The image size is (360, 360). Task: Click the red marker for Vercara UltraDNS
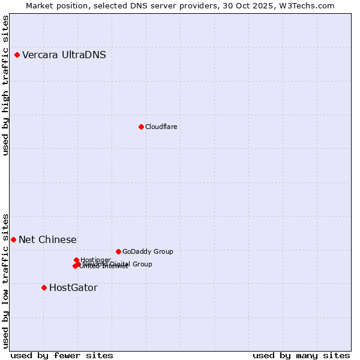pos(17,55)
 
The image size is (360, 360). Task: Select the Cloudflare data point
pos(141,127)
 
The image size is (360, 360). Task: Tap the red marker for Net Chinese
pos(13,239)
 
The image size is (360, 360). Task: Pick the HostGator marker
pos(44,287)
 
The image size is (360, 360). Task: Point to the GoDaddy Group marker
pos(118,251)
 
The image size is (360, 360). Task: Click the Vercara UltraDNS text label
pos(64,55)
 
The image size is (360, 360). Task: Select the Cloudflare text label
pos(161,127)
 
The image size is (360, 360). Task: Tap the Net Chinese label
pos(47,240)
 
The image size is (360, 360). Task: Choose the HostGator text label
pos(73,288)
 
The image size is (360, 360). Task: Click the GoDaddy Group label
pos(148,251)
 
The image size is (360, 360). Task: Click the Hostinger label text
pos(95,260)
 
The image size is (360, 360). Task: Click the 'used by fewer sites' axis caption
pos(62,355)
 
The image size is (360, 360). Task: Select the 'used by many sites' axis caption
pos(301,355)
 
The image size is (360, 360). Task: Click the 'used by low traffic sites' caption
pos(5,281)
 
